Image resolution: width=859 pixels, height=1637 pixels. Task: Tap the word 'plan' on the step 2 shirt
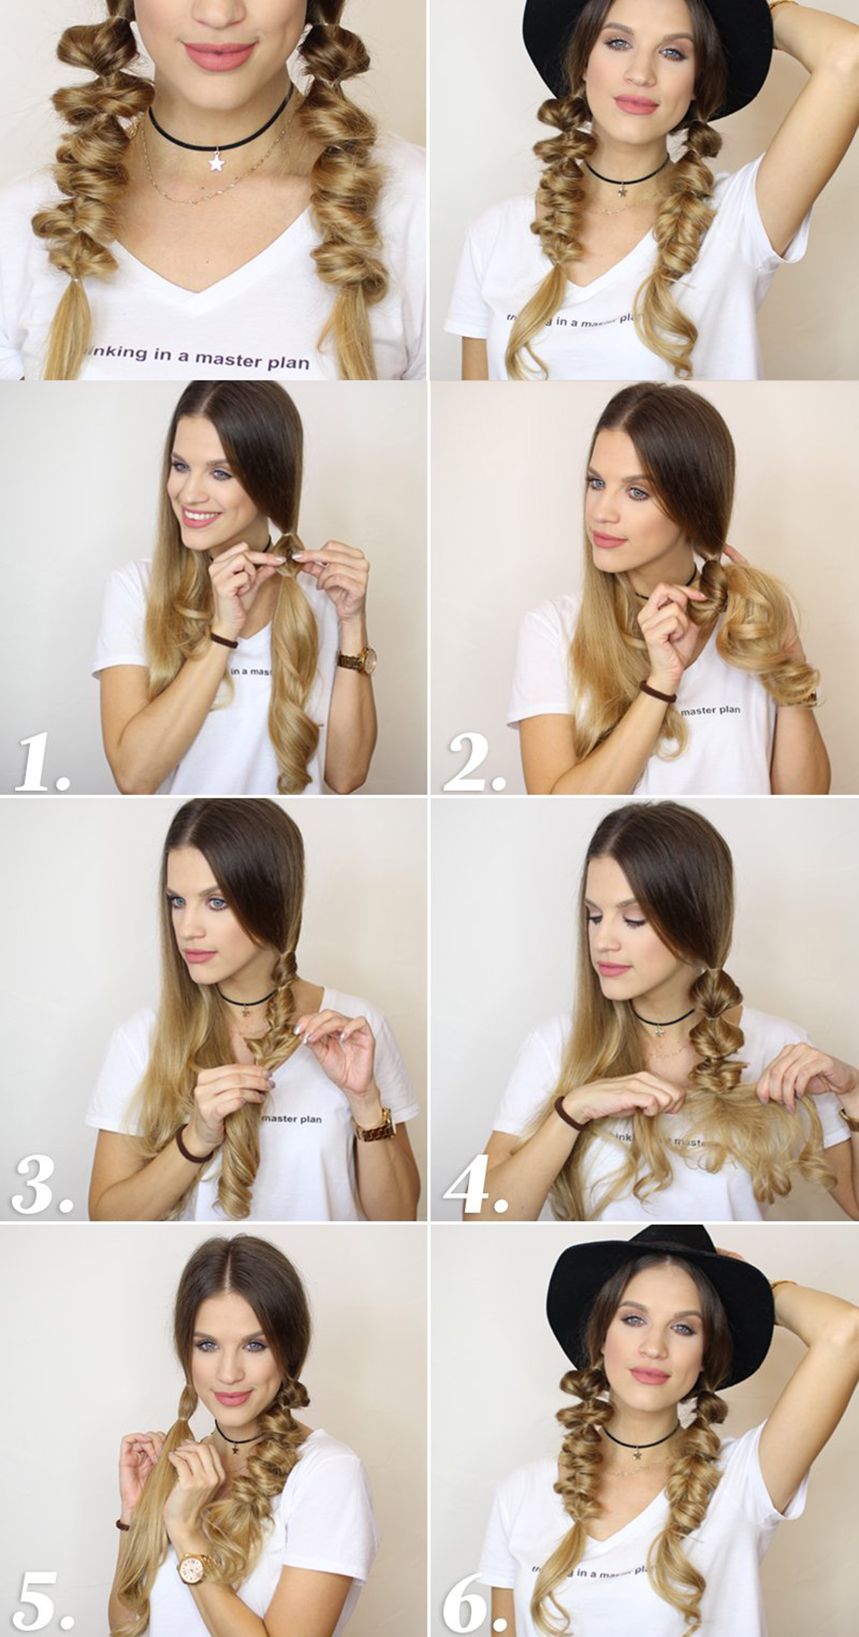pyautogui.click(x=729, y=709)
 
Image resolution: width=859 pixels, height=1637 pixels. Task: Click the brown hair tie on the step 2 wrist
pyautogui.click(x=658, y=693)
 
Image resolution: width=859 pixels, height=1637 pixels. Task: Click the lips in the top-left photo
pyautogui.click(x=219, y=56)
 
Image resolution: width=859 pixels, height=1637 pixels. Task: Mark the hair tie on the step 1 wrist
pyautogui.click(x=224, y=641)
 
